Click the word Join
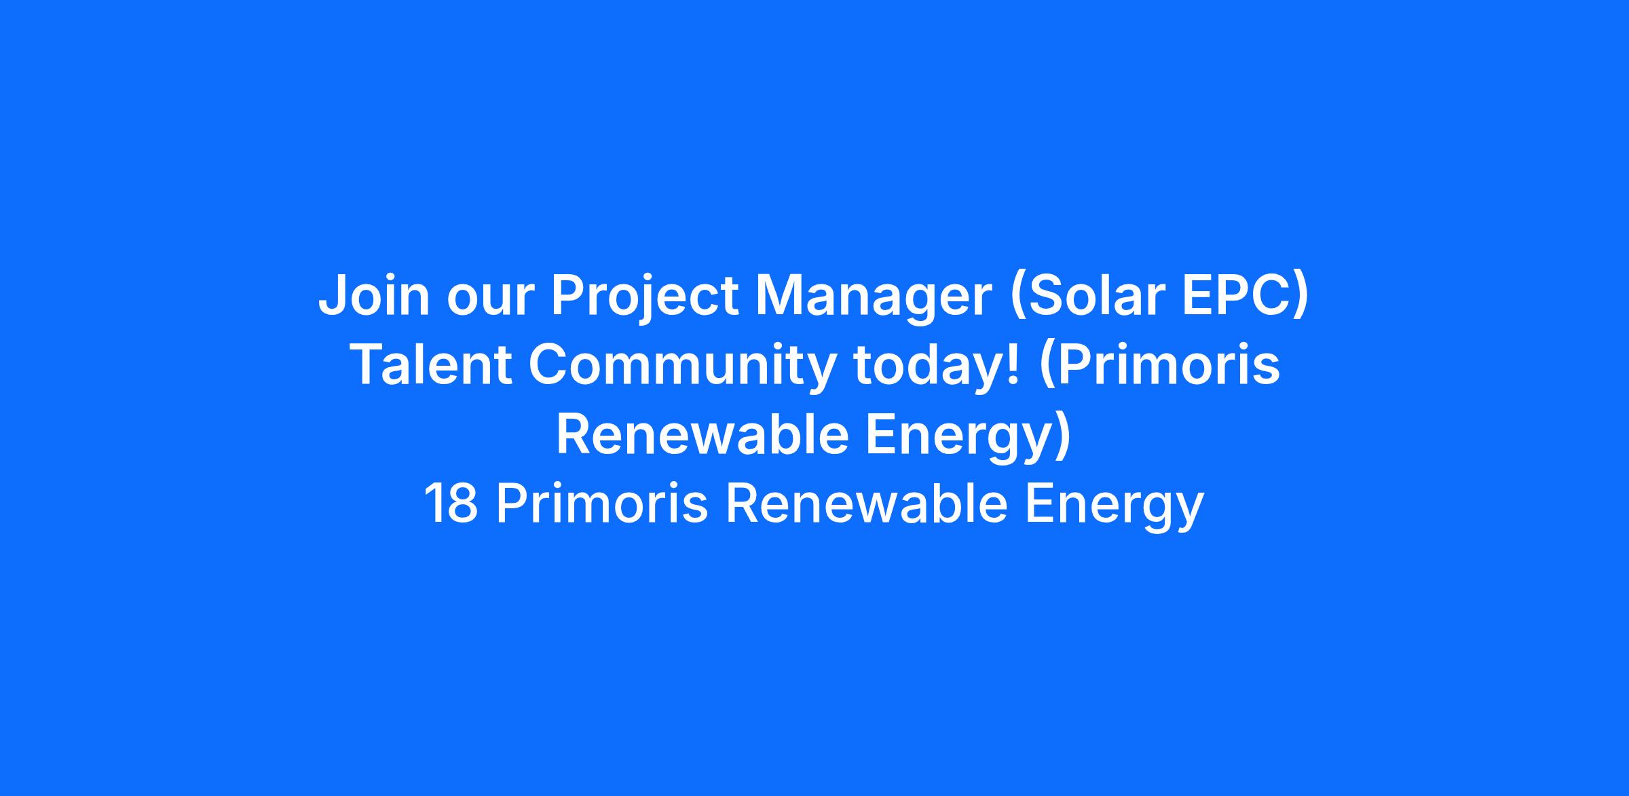click(x=374, y=295)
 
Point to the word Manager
click(x=874, y=299)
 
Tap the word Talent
click(x=430, y=365)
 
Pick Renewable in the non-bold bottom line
click(x=866, y=504)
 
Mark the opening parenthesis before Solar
click(x=1018, y=299)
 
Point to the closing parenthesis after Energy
click(x=1063, y=436)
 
